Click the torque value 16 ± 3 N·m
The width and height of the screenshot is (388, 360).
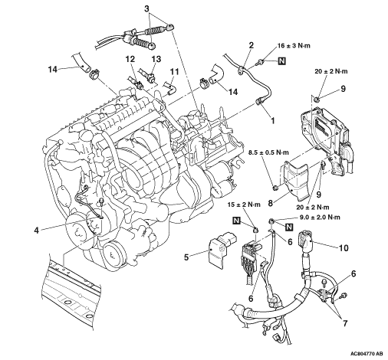[294, 46]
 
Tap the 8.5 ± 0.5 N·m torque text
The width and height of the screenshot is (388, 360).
[268, 152]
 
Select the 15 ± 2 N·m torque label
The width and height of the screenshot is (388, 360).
[244, 205]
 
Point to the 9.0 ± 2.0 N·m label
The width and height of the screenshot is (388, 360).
[320, 218]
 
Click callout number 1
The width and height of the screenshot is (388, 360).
[272, 120]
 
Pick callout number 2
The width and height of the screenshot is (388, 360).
[252, 45]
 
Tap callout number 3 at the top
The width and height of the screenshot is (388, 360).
[146, 8]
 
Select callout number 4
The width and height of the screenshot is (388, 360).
[37, 231]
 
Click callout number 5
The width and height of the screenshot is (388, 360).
[186, 257]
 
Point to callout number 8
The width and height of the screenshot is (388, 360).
[271, 204]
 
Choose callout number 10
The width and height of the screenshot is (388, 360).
[344, 247]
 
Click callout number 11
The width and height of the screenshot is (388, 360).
[175, 72]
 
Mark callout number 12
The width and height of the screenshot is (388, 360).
[130, 59]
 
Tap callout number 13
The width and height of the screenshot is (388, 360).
[156, 59]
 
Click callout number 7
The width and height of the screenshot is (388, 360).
[345, 323]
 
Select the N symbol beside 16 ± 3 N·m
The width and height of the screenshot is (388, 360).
[281, 61]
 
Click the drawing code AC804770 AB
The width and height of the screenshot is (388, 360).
[367, 354]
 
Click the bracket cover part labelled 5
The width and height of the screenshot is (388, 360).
[222, 248]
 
